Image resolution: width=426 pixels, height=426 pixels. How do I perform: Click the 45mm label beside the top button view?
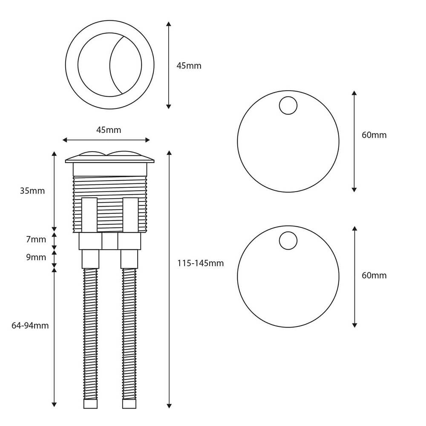(189, 66)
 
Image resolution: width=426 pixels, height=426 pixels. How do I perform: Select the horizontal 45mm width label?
(108, 130)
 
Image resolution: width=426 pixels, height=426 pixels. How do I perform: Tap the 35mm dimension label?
(32, 191)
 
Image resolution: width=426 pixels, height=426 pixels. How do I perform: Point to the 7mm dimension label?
(36, 239)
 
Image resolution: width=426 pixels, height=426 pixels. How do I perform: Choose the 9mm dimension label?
(36, 257)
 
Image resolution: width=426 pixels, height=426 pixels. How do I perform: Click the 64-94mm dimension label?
(30, 326)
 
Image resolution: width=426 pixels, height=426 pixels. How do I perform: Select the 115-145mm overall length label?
(200, 263)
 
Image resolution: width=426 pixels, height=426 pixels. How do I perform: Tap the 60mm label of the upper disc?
(374, 135)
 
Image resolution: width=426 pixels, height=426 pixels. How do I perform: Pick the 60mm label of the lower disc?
(374, 276)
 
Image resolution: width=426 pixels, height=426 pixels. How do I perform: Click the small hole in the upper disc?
(288, 105)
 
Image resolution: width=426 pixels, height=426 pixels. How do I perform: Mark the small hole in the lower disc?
(288, 241)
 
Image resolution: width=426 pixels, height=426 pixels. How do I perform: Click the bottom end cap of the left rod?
(90, 404)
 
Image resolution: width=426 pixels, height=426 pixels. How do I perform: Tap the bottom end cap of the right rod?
(129, 404)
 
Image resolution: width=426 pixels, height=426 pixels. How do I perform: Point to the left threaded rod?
(90, 332)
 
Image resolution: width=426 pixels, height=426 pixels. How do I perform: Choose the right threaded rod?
(129, 332)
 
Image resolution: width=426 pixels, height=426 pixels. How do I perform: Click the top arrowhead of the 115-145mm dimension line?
(169, 153)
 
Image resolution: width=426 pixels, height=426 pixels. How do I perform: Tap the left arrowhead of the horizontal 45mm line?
(65, 140)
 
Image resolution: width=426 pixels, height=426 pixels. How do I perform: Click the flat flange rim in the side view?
(109, 161)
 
